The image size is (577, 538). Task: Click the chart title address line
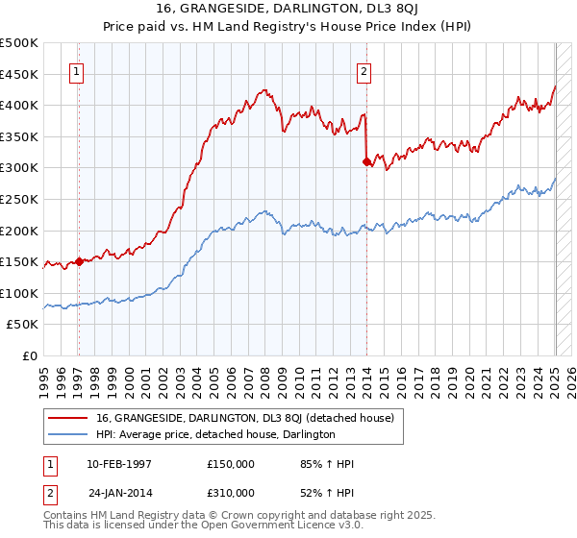point(288,9)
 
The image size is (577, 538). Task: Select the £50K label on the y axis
point(23,325)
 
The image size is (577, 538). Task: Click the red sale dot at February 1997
point(79,261)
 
